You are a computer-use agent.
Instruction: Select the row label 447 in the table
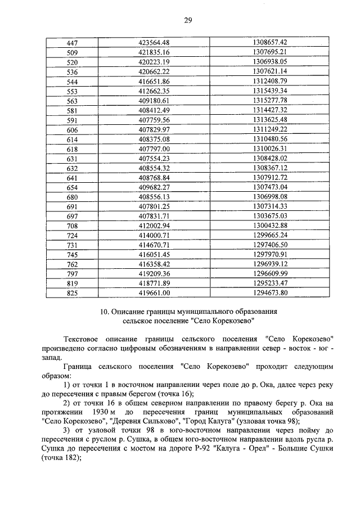click(x=72, y=43)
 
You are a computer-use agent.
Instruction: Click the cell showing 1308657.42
click(x=270, y=43)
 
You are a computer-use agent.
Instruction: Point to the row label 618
click(x=72, y=149)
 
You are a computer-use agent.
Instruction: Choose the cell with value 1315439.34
click(x=270, y=91)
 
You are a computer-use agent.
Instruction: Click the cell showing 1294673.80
click(x=270, y=293)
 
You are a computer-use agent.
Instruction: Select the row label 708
click(x=72, y=226)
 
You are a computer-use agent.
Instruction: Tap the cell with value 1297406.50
click(x=270, y=245)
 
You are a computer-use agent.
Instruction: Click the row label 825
click(x=72, y=293)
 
